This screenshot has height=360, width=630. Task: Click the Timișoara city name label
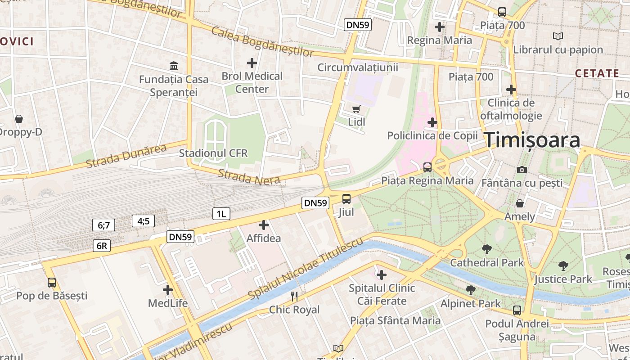tap(532, 140)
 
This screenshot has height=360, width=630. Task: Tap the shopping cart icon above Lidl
tap(356, 108)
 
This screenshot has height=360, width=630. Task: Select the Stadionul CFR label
tap(213, 153)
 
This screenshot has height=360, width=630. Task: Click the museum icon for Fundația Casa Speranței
tap(174, 66)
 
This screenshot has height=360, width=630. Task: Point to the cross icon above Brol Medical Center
tap(252, 63)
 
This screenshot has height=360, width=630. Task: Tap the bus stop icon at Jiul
tap(346, 198)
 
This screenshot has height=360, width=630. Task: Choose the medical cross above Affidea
tap(264, 225)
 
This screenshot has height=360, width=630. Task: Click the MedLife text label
tap(168, 303)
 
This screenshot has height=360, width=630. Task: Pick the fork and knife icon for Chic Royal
tap(294, 296)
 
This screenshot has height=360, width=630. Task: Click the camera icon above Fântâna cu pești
tap(522, 170)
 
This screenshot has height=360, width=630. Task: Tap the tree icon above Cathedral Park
tap(486, 249)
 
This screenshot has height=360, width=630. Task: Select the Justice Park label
tap(563, 279)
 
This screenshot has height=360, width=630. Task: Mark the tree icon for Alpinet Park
tap(470, 290)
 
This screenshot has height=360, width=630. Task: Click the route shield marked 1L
tap(221, 214)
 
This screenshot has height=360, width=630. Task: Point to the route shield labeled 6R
tap(102, 246)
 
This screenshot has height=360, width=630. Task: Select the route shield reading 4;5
tap(144, 221)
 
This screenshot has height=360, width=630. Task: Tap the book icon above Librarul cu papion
tap(558, 36)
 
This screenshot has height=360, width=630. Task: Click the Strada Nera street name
tap(249, 177)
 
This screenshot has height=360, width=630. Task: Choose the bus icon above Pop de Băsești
tap(52, 282)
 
